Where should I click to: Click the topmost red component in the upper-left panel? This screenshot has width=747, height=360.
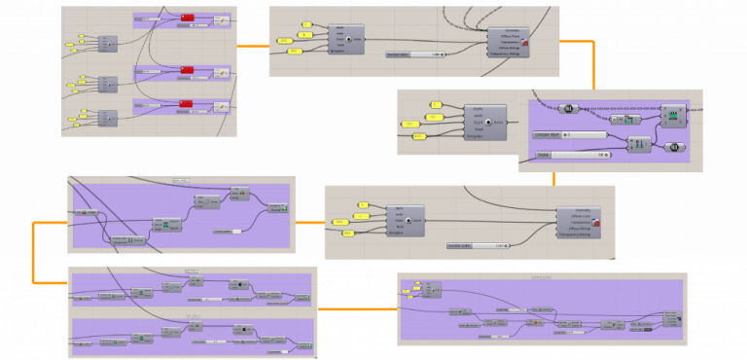pos(187,18)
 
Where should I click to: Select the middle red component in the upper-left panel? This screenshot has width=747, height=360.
pos(187,70)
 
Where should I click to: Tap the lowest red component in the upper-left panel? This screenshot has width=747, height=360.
pos(187,104)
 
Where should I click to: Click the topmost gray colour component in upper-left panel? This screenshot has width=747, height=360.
pos(107,43)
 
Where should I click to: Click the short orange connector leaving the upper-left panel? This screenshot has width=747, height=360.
pos(253,46)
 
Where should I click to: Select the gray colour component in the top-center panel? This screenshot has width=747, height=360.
pos(346,39)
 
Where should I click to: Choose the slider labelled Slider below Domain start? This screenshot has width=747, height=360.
pos(574,155)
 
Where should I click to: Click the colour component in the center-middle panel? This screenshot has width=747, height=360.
pos(405,220)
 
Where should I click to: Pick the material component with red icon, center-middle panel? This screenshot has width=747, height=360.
pos(580,223)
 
